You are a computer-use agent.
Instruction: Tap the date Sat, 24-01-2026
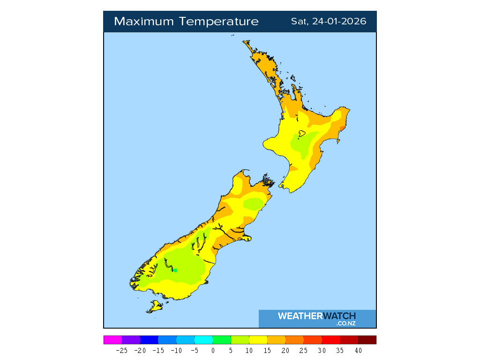pyautogui.click(x=328, y=22)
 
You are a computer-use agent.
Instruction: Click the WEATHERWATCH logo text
pyautogui.click(x=316, y=316)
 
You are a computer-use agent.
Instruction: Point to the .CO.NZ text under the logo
pyautogui.click(x=345, y=323)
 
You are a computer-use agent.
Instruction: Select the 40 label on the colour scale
pyautogui.click(x=358, y=350)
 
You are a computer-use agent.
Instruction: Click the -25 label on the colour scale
pyautogui.click(x=121, y=350)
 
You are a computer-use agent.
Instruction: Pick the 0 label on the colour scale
pyautogui.click(x=213, y=350)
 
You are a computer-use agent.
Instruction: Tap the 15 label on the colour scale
pyautogui.click(x=267, y=350)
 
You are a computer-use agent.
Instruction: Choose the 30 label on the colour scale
pyautogui.click(x=322, y=350)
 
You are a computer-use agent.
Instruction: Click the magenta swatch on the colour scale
pyautogui.click(x=112, y=340)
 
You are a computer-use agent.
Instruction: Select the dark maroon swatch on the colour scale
pyautogui.click(x=367, y=340)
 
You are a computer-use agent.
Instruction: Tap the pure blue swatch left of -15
pyautogui.click(x=149, y=340)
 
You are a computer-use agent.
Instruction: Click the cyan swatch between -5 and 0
pyautogui.click(x=203, y=340)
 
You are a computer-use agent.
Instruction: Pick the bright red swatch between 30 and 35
pyautogui.click(x=331, y=340)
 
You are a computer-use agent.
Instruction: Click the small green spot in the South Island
pyautogui.click(x=175, y=270)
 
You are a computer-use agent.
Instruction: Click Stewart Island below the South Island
pyautogui.click(x=154, y=307)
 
